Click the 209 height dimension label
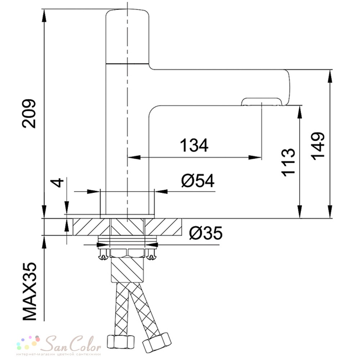pos(29,113)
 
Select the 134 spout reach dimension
pos(194,145)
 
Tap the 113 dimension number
pos(288,162)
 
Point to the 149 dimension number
pos(318,146)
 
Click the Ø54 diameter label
pos(198,181)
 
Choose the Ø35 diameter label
pos(206,233)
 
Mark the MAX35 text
pos(30,291)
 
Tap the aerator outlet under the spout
pos(261,102)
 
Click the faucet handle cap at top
pos(127,36)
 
